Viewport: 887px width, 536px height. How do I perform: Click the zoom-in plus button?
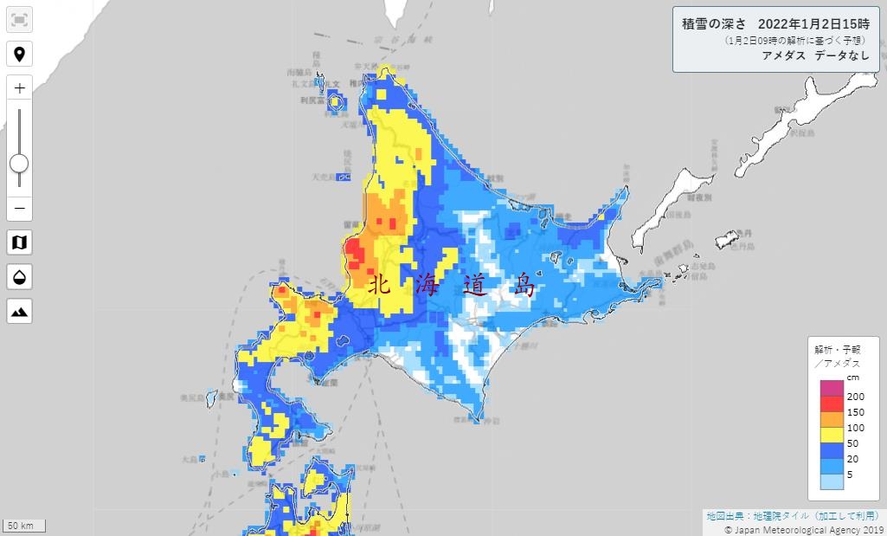pyautogui.click(x=19, y=87)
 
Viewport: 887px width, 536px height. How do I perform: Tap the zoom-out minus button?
pyautogui.click(x=19, y=209)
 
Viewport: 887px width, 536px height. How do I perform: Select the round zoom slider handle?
pyautogui.click(x=19, y=163)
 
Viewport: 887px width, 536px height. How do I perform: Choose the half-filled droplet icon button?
pyautogui.click(x=19, y=277)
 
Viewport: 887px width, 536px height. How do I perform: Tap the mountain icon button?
pyautogui.click(x=19, y=310)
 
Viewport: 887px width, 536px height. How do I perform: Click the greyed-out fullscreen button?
pyautogui.click(x=19, y=20)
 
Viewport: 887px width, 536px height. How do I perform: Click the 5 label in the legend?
pyautogui.click(x=826, y=474)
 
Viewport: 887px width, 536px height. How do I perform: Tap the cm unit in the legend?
pyautogui.click(x=828, y=378)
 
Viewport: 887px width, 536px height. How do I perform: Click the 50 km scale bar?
pyautogui.click(x=23, y=526)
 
